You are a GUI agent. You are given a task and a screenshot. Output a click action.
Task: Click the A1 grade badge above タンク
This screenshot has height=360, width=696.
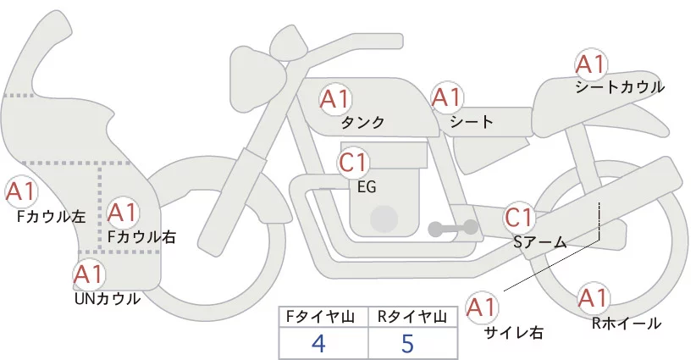coord(334,99)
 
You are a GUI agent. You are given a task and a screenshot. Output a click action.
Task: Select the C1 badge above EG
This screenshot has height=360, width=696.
coord(353,162)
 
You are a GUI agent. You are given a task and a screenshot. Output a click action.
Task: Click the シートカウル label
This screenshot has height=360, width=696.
coord(619,86)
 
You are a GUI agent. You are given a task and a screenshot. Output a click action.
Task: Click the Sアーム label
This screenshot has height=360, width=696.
coord(539,242)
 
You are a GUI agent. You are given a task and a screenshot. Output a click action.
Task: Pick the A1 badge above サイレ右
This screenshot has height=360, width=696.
coord(483,307)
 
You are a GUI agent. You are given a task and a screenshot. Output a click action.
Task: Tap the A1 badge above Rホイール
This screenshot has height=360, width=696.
coord(592,298)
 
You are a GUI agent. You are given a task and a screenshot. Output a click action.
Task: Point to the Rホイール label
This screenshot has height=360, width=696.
coord(627,323)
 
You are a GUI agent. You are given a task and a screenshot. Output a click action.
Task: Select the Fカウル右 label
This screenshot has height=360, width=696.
coord(141,237)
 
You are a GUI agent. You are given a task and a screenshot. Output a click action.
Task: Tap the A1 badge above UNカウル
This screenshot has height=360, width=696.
coord(88,274)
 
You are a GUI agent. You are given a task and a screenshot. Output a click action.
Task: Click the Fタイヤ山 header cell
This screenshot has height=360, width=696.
coord(323,317)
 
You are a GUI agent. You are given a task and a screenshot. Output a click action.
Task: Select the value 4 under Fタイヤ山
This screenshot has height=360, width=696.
coord(318,344)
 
